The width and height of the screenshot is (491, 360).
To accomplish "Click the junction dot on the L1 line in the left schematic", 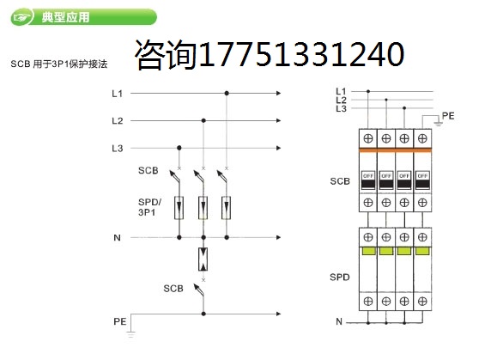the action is [x=227, y=94].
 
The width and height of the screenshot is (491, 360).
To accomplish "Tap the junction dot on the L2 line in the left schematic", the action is [x=203, y=120].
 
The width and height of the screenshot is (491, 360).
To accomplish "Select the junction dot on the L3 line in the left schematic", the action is [x=179, y=148].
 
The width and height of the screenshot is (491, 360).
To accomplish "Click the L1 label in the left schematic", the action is [x=118, y=94].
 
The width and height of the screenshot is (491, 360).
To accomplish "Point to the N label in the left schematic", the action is [x=117, y=238].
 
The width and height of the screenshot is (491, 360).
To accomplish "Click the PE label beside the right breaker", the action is [x=448, y=116].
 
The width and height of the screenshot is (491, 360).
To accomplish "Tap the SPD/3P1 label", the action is [x=149, y=207].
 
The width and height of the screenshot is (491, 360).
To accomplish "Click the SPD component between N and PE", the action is [x=203, y=259].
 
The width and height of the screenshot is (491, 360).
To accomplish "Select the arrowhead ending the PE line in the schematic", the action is [x=278, y=314].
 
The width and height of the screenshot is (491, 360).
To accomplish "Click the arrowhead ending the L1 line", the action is [x=278, y=93].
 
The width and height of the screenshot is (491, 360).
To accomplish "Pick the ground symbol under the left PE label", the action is [x=130, y=334].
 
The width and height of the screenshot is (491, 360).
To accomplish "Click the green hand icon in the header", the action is [x=21, y=17].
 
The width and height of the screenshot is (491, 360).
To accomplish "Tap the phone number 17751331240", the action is [x=301, y=54].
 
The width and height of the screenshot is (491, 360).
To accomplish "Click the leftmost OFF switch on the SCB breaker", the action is [x=368, y=180].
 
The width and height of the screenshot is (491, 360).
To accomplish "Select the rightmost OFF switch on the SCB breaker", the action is [x=422, y=180].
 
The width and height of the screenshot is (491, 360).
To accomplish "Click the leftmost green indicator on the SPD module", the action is [x=368, y=251].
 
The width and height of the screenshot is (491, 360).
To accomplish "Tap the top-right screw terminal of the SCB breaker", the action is [x=422, y=138].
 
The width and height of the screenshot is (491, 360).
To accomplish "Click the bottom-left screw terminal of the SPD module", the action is [x=368, y=301].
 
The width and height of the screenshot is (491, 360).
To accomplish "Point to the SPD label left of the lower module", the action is [x=340, y=278].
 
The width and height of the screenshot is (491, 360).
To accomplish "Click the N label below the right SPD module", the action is [x=339, y=322].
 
